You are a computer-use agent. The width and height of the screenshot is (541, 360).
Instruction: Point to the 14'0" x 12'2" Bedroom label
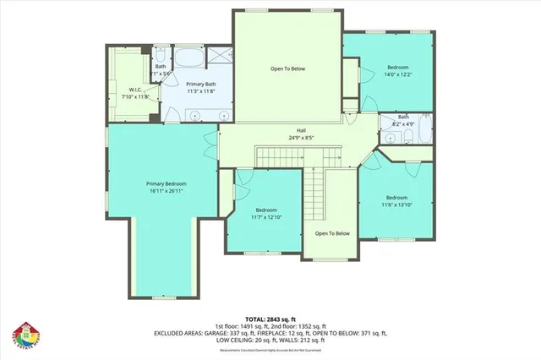coord(398,67)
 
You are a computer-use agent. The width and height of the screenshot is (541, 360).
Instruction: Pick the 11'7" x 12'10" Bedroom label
coord(265,210)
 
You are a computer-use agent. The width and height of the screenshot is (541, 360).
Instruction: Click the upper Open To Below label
coord(287,68)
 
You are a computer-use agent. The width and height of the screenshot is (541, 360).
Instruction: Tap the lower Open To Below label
coord(331,233)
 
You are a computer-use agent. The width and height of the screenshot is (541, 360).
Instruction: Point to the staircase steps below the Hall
coord(280,155)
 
